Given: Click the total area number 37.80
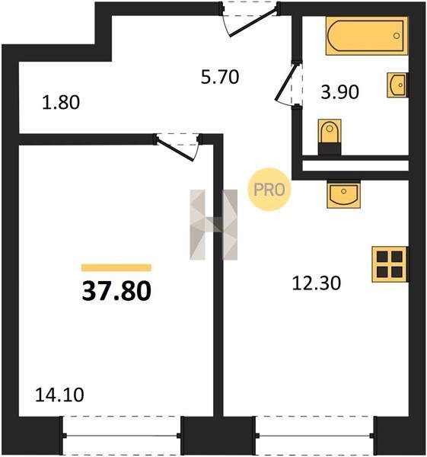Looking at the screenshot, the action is click(116, 291).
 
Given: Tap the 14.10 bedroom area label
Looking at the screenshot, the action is click(59, 395).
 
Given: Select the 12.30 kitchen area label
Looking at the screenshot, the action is click(317, 283).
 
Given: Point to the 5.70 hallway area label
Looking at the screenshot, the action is click(220, 77).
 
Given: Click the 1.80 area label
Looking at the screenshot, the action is click(61, 103).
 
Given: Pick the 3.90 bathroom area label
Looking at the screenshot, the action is click(339, 92).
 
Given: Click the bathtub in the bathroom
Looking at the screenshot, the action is click(367, 36).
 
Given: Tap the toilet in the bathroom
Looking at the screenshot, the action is click(330, 137).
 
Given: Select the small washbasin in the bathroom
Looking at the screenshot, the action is click(397, 85).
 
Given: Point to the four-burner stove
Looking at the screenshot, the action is click(390, 264).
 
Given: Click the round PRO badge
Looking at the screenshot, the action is click(269, 190).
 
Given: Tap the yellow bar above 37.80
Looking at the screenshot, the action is click(116, 267).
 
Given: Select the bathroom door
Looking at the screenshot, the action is click(288, 83).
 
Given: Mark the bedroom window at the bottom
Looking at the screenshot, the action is click(122, 436).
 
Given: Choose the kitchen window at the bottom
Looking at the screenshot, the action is click(315, 436).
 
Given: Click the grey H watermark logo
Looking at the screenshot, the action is click(213, 225).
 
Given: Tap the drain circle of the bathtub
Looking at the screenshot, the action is click(396, 36).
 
